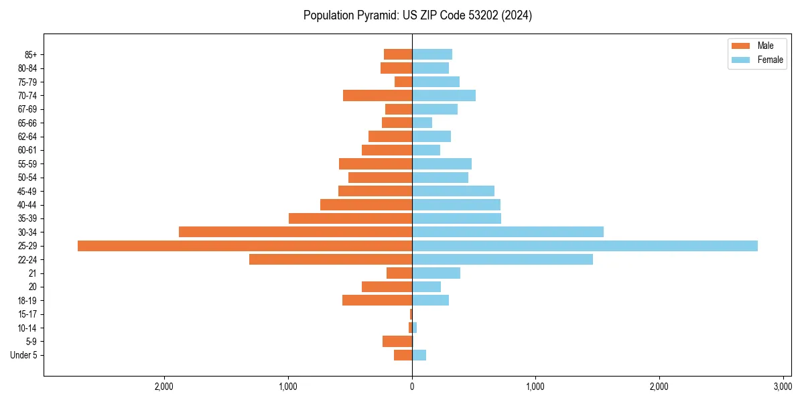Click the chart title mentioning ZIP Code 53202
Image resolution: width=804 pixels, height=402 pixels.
(417, 15)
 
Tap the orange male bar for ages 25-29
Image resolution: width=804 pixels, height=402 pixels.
(245, 246)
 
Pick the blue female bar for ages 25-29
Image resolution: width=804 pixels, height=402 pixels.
(584, 246)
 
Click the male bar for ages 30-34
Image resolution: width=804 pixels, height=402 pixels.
(295, 232)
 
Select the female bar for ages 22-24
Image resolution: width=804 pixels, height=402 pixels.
(503, 259)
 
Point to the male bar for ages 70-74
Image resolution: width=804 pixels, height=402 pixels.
(377, 95)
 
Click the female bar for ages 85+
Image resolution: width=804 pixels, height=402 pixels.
(432, 54)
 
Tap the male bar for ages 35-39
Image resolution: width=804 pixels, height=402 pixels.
(350, 218)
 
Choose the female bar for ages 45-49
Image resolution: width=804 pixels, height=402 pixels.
(453, 191)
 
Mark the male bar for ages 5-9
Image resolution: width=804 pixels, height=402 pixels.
(397, 341)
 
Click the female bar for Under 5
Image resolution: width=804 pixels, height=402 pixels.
(419, 355)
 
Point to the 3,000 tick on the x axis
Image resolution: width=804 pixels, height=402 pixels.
(783, 387)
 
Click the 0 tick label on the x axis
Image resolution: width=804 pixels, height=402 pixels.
(412, 387)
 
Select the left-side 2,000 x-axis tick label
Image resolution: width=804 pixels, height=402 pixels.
(164, 387)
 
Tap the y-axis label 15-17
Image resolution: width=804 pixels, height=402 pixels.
(27, 314)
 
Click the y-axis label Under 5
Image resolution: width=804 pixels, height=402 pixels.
(24, 355)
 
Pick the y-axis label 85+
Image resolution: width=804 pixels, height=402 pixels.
(31, 54)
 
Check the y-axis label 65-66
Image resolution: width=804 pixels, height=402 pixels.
(27, 123)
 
